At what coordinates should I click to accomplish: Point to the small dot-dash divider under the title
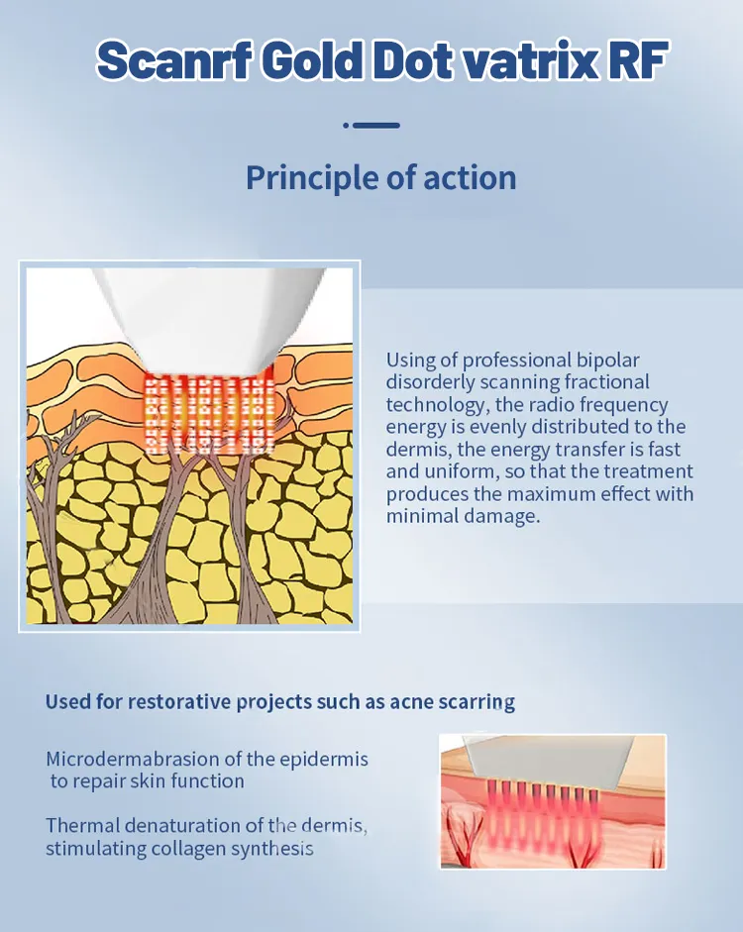[371, 126]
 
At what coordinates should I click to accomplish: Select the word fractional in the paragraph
[606, 382]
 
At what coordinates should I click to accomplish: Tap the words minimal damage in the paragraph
[463, 516]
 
